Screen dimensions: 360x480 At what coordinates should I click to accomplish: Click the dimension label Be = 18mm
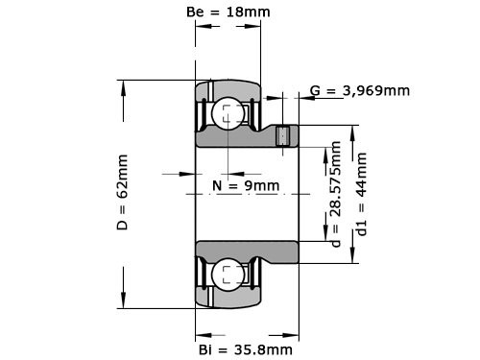(x=227, y=12)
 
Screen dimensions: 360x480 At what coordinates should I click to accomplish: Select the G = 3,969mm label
(x=360, y=91)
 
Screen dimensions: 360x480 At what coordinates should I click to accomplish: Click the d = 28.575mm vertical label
(x=335, y=194)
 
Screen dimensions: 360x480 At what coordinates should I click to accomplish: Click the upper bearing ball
(x=228, y=114)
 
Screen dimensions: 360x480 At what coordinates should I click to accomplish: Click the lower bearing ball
(x=228, y=274)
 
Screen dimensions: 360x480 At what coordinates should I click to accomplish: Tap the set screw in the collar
(x=283, y=137)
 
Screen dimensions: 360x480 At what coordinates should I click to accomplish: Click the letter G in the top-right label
(x=316, y=91)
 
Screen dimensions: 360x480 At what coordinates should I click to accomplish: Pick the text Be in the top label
(x=193, y=12)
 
